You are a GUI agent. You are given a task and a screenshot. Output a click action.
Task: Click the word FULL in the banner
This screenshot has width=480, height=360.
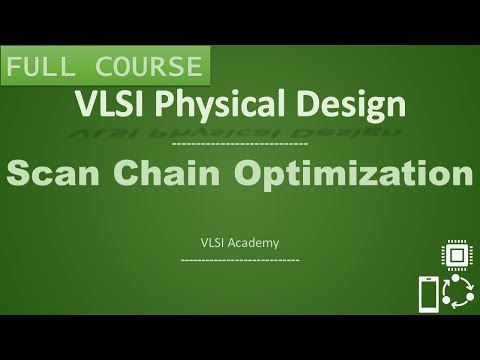click(40, 68)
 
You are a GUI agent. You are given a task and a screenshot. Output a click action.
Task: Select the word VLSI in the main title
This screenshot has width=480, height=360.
click(109, 103)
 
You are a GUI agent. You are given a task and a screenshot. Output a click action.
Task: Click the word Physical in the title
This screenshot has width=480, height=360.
click(215, 104)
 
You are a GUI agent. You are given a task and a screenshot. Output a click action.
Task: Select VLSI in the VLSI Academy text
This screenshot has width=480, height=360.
click(214, 241)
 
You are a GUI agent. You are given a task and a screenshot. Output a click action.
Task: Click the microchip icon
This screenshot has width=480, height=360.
click(455, 255)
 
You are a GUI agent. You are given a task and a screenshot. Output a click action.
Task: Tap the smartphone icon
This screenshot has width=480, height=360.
click(428, 295)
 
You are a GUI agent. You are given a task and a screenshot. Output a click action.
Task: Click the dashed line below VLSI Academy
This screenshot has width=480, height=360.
click(240, 259)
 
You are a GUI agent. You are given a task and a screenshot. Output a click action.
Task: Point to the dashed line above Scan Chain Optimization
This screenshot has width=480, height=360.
click(240, 145)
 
